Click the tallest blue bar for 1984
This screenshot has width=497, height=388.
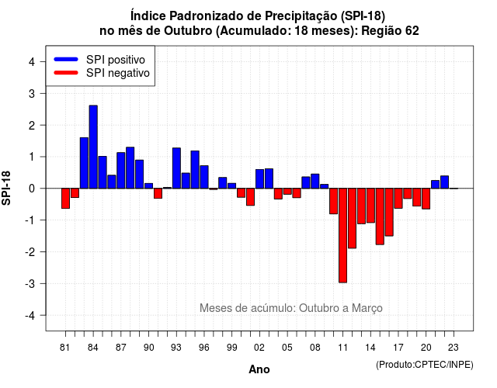(93, 147)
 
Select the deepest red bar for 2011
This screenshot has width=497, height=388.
(342, 235)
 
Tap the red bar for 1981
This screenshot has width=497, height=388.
(65, 199)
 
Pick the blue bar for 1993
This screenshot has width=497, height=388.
(176, 168)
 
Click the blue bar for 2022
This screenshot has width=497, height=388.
(445, 182)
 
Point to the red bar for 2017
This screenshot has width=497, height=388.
(398, 199)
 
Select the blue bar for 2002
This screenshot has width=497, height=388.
(259, 179)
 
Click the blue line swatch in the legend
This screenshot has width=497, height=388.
(66, 59)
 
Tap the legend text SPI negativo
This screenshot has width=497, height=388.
(118, 73)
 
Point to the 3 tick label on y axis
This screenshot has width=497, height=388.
(31, 94)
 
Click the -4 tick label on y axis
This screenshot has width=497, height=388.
(30, 316)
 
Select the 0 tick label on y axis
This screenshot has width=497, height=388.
(31, 189)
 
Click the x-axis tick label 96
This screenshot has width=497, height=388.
(204, 348)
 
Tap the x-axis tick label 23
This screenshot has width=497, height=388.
(454, 348)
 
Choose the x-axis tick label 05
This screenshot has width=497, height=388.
(287, 348)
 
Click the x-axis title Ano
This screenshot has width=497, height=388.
(259, 369)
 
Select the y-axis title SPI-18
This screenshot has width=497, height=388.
(6, 188)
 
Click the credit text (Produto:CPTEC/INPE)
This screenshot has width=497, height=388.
(425, 365)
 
